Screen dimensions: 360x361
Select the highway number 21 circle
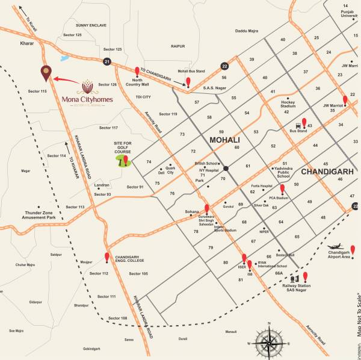click(107, 61)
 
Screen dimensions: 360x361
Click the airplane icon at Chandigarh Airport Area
click(335, 247)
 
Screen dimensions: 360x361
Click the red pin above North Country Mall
click(137, 72)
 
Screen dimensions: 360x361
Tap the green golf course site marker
click(125, 162)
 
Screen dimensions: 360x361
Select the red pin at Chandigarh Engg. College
click(107, 258)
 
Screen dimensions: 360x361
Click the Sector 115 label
click(37, 91)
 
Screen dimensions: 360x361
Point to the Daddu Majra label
click(248, 30)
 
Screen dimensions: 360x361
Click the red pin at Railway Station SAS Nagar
click(305, 276)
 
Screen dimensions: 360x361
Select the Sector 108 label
click(118, 318)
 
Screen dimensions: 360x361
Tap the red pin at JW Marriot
click(345, 101)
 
